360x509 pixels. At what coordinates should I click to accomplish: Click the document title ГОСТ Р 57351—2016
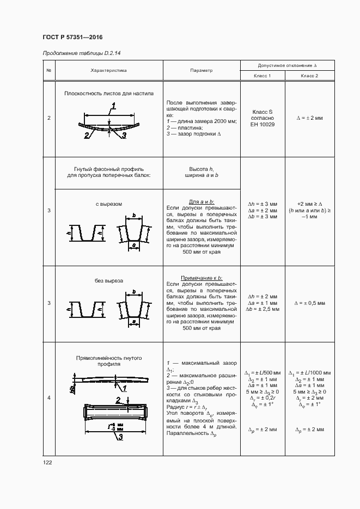(x=72, y=37)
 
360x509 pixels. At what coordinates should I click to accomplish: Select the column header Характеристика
(x=108, y=70)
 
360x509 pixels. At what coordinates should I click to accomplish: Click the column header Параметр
(x=202, y=70)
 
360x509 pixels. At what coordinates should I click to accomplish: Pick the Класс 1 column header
(x=262, y=76)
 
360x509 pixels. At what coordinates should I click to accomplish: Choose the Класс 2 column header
(x=309, y=76)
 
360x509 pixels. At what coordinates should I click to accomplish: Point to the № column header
(x=49, y=70)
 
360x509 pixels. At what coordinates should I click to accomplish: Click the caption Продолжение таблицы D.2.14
(x=81, y=53)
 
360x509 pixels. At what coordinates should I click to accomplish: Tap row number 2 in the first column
(x=49, y=118)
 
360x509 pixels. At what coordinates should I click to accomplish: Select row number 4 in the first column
(x=49, y=398)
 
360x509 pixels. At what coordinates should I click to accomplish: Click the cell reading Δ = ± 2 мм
(x=309, y=118)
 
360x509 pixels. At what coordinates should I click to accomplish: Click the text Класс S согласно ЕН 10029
(x=263, y=118)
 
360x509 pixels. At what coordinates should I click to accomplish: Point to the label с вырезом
(x=109, y=204)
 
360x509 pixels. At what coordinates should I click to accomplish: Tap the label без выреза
(x=109, y=281)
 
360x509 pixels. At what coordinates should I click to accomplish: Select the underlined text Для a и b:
(x=202, y=201)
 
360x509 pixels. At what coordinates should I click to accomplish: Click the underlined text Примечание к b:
(x=202, y=278)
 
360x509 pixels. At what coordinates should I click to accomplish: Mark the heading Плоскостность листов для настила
(x=109, y=93)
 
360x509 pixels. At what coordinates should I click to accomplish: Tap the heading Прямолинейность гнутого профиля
(x=109, y=361)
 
